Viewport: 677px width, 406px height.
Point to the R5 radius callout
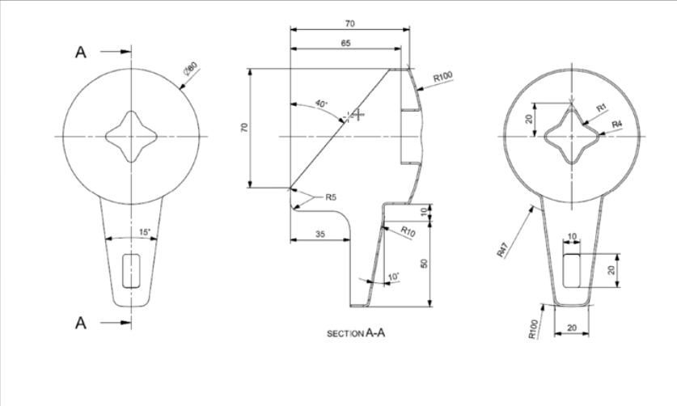pyautogui.click(x=329, y=197)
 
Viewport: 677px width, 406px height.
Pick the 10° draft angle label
pyautogui.click(x=393, y=277)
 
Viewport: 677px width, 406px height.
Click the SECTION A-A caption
pyautogui.click(x=355, y=332)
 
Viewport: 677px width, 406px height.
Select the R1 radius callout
pyautogui.click(x=601, y=107)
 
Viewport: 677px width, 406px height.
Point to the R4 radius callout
pyautogui.click(x=616, y=123)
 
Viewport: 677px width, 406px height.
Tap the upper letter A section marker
pyautogui.click(x=81, y=53)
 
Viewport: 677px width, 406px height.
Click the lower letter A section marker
pyautogui.click(x=81, y=324)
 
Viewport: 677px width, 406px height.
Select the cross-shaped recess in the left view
pyautogui.click(x=129, y=137)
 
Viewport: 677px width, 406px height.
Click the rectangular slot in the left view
pyautogui.click(x=129, y=269)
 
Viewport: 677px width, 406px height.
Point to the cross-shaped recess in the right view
pyautogui.click(x=573, y=137)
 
